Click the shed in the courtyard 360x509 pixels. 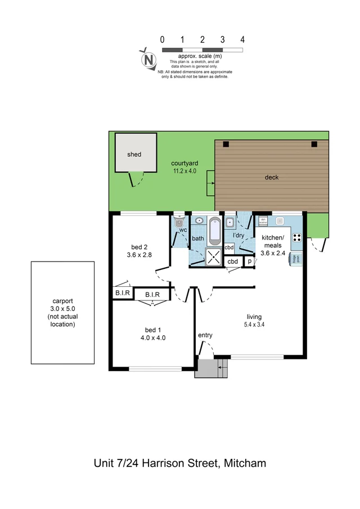point(134,153)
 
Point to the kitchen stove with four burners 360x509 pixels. point(297,237)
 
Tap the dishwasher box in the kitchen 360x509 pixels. point(263,221)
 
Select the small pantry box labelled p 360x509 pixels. point(249,262)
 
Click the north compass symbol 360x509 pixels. point(148,58)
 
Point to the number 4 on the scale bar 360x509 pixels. point(242,40)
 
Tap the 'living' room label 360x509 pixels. point(254,316)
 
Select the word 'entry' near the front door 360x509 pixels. point(205,335)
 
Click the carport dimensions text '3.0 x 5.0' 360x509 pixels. point(62,308)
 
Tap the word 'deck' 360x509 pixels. point(272,177)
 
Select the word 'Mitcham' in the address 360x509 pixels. point(245,463)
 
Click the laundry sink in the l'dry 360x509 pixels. point(229,220)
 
